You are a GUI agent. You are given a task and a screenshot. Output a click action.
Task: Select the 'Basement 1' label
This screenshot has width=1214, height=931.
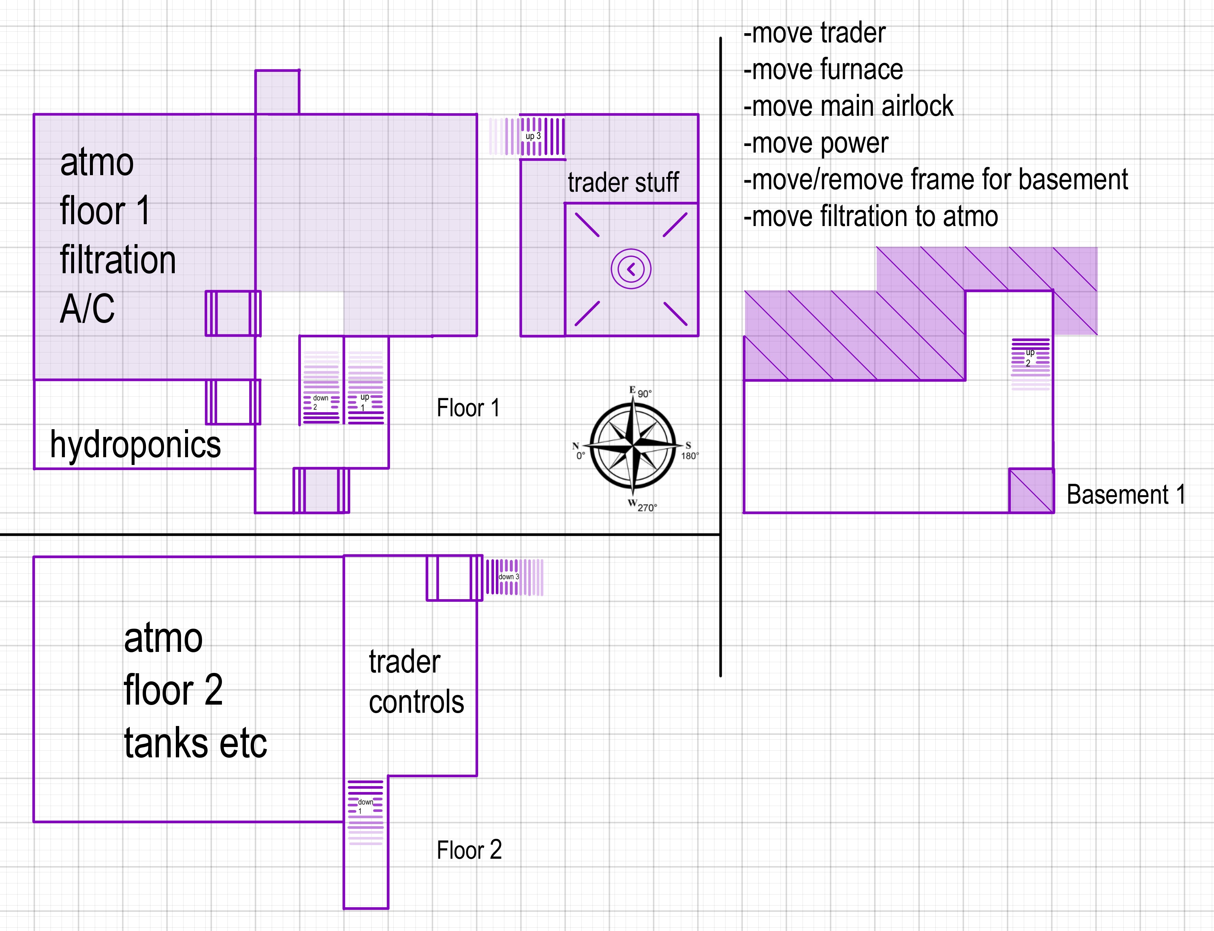point(1126,494)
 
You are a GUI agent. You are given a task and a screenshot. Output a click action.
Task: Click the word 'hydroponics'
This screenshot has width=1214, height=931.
point(135,444)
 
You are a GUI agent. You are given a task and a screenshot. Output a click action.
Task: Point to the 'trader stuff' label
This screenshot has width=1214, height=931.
point(623,182)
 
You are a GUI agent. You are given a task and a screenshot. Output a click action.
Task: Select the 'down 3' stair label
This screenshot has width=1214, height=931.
point(509,577)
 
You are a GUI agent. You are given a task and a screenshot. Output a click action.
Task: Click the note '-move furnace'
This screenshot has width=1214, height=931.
point(823,70)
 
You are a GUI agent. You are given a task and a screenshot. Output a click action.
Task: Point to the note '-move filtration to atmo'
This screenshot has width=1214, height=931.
point(870,216)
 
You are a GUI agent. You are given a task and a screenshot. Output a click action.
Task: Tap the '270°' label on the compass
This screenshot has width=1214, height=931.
point(647,508)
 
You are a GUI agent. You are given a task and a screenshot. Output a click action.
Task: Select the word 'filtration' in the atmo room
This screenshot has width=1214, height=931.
point(118,260)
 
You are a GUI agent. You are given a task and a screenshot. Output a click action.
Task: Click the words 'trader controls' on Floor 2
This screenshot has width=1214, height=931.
point(416,682)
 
